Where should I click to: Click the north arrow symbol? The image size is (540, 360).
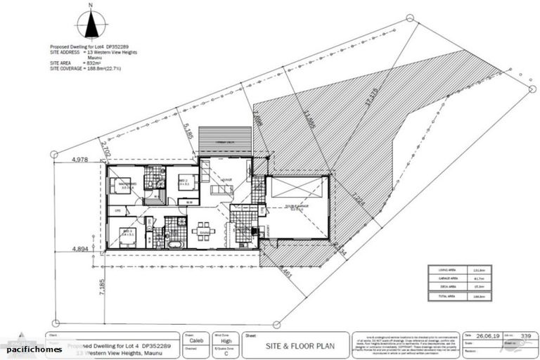pyautogui.click(x=90, y=22)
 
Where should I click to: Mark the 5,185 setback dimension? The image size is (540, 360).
pyautogui.click(x=187, y=131)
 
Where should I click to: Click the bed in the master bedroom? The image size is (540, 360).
pyautogui.click(x=117, y=186)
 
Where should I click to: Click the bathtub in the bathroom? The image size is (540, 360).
pyautogui.click(x=174, y=244)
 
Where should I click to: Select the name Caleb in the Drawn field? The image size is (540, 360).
pyautogui.click(x=197, y=340)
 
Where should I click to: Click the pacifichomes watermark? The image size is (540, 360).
pyautogui.click(x=34, y=349)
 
